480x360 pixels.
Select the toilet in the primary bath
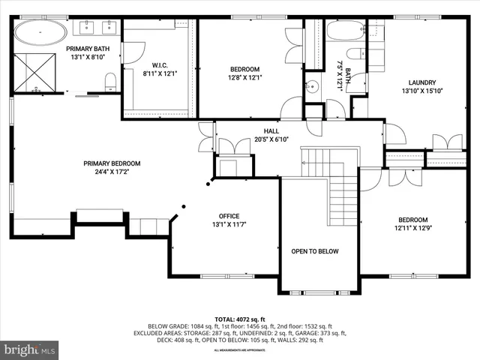[109, 81]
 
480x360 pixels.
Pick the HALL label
[261, 130]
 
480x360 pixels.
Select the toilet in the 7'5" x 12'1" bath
[357, 52]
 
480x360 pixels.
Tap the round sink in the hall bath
[313, 86]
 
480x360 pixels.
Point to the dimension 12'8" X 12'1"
[244, 77]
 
